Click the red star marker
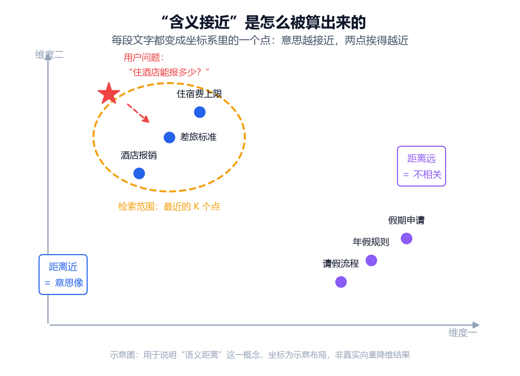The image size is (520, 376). click(109, 93)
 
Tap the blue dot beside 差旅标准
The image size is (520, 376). click(169, 137)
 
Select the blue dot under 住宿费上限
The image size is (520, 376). click(200, 112)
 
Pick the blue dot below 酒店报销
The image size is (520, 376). click(139, 173)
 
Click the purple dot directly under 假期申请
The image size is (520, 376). click(407, 239)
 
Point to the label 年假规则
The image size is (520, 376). click(371, 242)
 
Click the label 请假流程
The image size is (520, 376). click(341, 264)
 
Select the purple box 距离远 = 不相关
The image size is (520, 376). click(422, 166)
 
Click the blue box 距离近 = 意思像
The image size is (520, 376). click(63, 275)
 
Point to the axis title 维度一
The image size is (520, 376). click(463, 333)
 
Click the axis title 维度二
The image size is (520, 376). click(50, 55)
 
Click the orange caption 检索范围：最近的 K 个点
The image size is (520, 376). click(169, 206)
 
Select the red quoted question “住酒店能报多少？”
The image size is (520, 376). click(169, 72)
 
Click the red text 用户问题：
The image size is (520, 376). click(144, 57)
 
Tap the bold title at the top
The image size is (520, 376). click(264, 22)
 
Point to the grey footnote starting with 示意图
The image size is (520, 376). click(260, 355)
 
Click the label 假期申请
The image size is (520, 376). click(406, 220)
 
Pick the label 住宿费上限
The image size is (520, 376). click(200, 94)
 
